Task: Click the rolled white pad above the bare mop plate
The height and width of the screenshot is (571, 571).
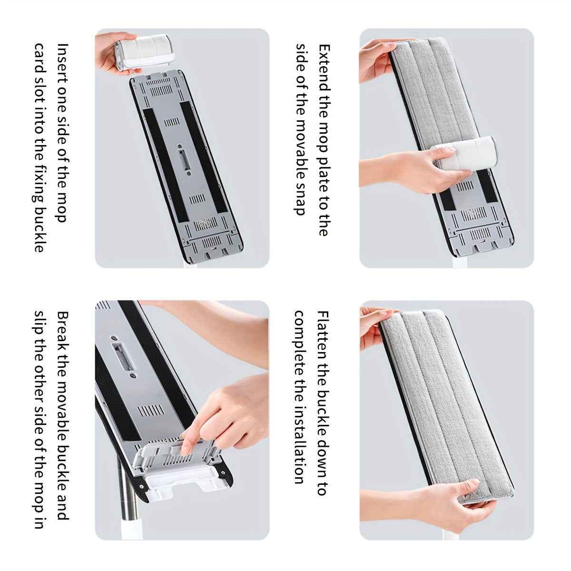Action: (x=142, y=52)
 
